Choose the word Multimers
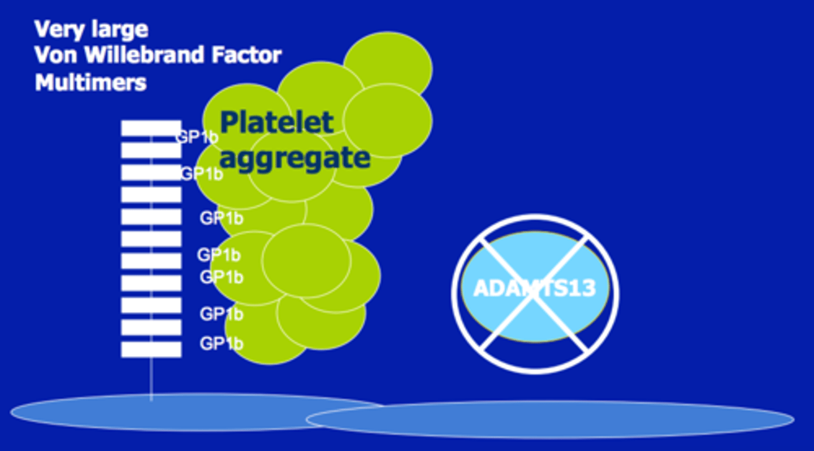coord(90,83)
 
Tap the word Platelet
coord(277,122)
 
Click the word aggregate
coord(295,157)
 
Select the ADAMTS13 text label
coord(534,288)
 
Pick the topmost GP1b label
coord(197,138)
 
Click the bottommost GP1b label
coord(221,343)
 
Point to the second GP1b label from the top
coord(201,174)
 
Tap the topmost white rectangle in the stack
coord(151,128)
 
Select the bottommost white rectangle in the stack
coord(151,349)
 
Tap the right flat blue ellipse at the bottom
coord(565,420)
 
